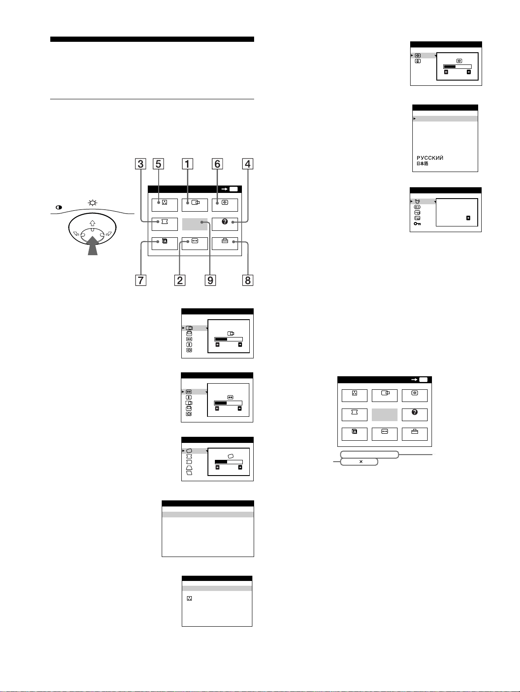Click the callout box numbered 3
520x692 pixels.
click(x=141, y=164)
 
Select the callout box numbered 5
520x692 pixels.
click(x=158, y=164)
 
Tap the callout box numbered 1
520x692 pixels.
click(x=187, y=164)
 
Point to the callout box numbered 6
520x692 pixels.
click(x=218, y=164)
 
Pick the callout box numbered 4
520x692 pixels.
click(x=248, y=164)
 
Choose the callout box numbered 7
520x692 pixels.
click(x=141, y=280)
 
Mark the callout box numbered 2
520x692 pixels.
click(x=180, y=280)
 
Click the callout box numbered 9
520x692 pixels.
click(x=210, y=280)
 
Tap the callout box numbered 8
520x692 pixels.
click(x=248, y=280)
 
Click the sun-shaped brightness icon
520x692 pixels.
click(x=92, y=203)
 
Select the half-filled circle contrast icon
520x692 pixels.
click(x=59, y=207)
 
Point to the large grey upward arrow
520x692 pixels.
click(x=93, y=246)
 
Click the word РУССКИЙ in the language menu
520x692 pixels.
click(x=430, y=158)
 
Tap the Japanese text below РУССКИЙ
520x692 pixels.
click(x=422, y=164)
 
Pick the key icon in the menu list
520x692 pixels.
click(x=417, y=224)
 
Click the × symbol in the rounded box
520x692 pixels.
click(x=361, y=462)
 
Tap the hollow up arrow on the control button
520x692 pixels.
click(x=92, y=223)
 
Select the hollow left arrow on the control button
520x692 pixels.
click(x=76, y=233)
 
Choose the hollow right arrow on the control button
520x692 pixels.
click(x=109, y=233)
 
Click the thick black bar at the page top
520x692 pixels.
click(x=152, y=39)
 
